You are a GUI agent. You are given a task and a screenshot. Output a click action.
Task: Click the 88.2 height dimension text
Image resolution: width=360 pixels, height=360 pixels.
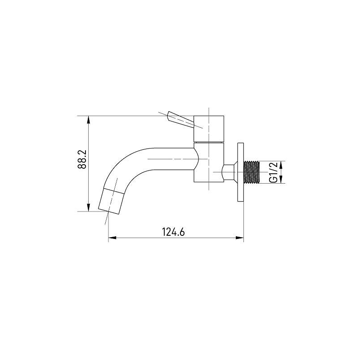click(82, 159)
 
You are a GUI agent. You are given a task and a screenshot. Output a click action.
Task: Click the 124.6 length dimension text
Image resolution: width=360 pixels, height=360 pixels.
click(173, 232)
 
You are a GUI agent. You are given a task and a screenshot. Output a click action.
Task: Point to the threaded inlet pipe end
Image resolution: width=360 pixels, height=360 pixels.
click(252, 172)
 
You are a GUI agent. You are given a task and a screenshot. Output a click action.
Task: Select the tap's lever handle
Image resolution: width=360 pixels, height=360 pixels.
click(181, 120)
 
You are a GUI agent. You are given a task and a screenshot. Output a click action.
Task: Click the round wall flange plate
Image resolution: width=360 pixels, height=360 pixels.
click(241, 172)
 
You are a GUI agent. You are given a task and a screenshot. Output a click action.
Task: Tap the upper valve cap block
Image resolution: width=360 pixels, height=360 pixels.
click(209, 129)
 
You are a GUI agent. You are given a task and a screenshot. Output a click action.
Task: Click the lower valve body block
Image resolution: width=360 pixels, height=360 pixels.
click(209, 162)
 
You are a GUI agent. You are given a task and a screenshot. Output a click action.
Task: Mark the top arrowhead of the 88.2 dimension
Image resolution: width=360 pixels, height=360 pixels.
click(89, 120)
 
